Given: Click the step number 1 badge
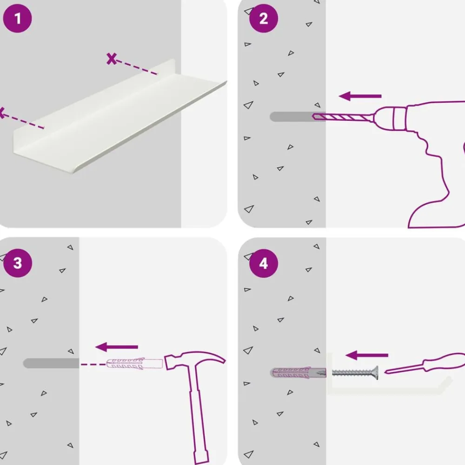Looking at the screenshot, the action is click(17, 19).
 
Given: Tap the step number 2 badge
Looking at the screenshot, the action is click(264, 19).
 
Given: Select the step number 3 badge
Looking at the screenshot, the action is click(18, 263).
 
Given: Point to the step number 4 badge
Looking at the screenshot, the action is click(264, 263).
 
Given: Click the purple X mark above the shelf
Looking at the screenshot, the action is click(112, 59).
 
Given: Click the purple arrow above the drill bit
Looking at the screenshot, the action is click(360, 96).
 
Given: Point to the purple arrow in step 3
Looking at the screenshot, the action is click(117, 347).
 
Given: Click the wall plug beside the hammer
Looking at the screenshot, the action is click(134, 364).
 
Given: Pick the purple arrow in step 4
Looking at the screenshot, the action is click(367, 355).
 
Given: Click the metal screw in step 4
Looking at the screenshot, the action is click(355, 373).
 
